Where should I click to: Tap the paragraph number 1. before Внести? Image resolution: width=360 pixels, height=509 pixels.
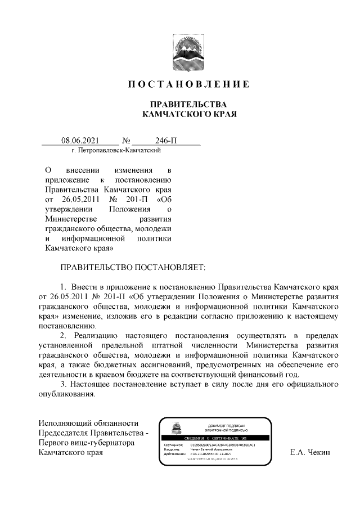tap(64, 287)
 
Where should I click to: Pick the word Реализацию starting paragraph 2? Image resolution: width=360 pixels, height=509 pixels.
tap(94, 336)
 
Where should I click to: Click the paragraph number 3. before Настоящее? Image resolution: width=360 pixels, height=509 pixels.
tap(64, 384)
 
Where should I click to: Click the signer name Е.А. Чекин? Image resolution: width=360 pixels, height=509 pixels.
tap(309, 452)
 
